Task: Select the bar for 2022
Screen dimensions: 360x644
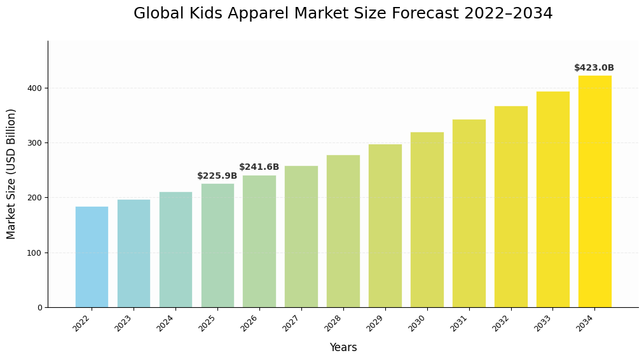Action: click(x=92, y=257)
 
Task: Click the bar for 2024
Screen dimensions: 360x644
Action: click(x=175, y=249)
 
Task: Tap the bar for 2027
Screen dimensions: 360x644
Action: click(x=301, y=237)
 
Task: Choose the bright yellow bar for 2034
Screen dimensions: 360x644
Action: click(x=594, y=191)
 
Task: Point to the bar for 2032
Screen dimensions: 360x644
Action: click(x=510, y=207)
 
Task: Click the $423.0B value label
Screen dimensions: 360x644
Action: click(x=594, y=68)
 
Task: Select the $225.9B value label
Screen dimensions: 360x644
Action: click(x=217, y=176)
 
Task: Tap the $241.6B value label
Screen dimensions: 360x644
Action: click(x=259, y=167)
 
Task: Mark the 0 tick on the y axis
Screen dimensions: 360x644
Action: click(x=39, y=308)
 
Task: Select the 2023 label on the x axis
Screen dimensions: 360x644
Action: click(x=124, y=323)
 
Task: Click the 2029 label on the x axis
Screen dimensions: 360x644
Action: click(x=376, y=323)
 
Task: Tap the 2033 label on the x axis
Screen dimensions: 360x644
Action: click(x=543, y=323)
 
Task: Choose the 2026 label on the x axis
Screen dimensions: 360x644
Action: click(x=250, y=323)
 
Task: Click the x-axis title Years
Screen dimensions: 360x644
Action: click(x=343, y=348)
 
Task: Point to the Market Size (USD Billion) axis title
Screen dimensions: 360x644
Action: click(x=11, y=174)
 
